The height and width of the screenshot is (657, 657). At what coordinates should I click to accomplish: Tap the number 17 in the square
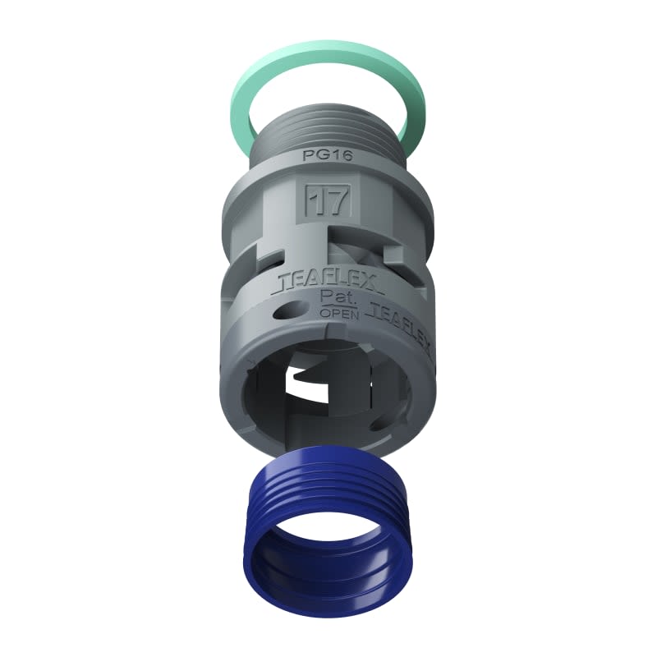click(x=328, y=200)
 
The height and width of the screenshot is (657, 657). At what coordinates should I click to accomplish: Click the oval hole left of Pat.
click(x=287, y=310)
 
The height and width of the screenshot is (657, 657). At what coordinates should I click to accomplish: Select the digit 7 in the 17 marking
click(x=338, y=200)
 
